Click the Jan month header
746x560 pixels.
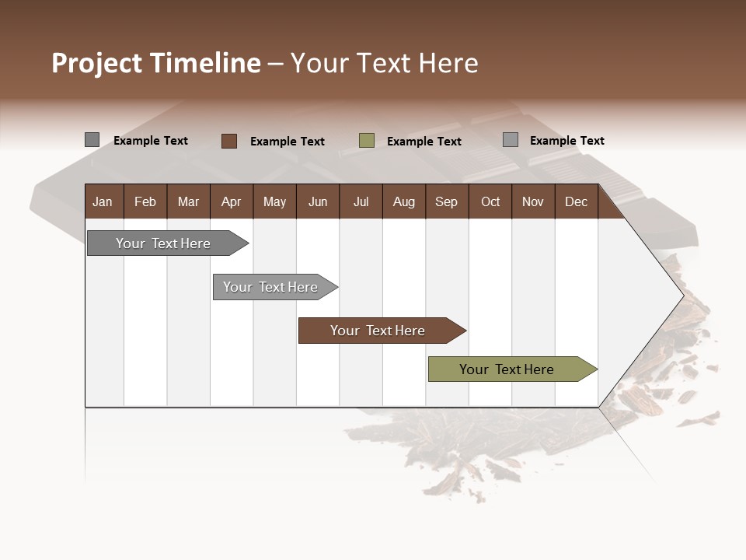tap(103, 201)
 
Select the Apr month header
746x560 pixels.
tap(231, 201)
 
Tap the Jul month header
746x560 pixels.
tap(361, 201)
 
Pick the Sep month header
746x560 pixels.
tap(446, 201)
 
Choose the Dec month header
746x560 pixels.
tap(576, 201)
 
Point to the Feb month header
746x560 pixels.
tap(145, 201)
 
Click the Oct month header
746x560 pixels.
tap(490, 201)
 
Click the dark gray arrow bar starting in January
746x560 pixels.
tap(164, 243)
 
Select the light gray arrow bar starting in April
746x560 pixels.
tap(271, 287)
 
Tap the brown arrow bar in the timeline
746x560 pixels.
tap(378, 331)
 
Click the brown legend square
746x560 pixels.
tap(228, 141)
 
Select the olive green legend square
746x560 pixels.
tap(367, 141)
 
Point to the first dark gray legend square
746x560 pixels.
tap(92, 140)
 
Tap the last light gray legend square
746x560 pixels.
tap(511, 140)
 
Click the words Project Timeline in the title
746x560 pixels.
tap(155, 63)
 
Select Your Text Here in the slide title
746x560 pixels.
tap(385, 63)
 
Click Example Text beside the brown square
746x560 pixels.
tap(288, 142)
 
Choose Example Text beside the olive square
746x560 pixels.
tap(424, 142)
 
